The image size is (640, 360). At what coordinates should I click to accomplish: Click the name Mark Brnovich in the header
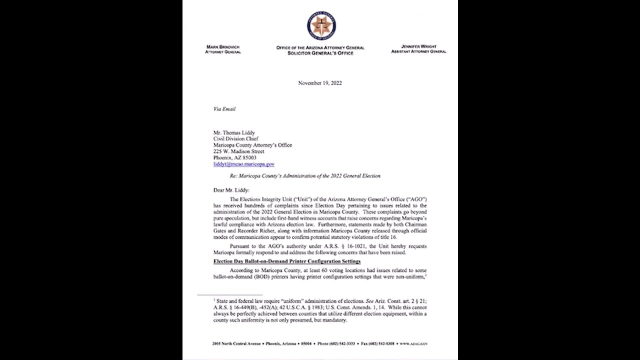[222, 47]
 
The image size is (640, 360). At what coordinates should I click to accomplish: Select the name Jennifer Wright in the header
[418, 46]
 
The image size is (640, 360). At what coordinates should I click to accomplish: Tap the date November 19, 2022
[320, 83]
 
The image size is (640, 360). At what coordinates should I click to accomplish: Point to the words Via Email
[224, 108]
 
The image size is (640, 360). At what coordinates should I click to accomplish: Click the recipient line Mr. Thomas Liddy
[234, 132]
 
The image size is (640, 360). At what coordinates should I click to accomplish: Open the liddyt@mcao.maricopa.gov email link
[243, 164]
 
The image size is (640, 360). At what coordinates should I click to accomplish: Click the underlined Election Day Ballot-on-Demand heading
[287, 261]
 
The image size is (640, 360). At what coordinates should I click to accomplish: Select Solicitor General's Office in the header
[320, 53]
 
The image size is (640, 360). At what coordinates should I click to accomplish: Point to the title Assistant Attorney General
[418, 51]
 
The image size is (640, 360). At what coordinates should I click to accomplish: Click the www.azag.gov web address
[413, 344]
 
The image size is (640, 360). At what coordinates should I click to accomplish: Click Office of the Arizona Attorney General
[320, 48]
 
